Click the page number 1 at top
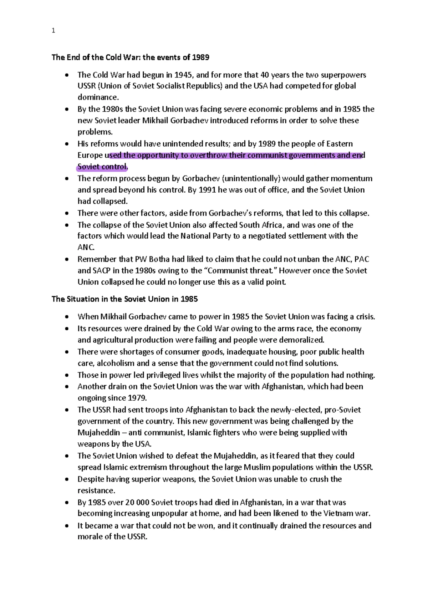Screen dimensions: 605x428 (53, 31)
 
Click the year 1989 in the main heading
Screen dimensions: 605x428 (200, 57)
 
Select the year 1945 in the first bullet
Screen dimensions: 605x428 (184, 75)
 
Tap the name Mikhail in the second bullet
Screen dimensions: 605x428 (155, 121)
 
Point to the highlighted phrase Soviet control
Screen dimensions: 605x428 (102, 167)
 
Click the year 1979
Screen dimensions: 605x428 (137, 398)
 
